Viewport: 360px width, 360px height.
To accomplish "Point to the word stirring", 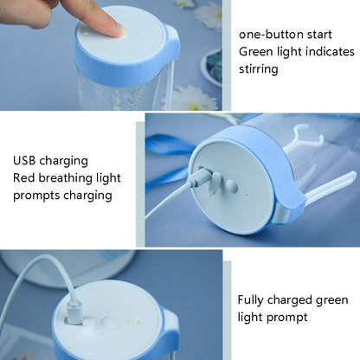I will [259, 68].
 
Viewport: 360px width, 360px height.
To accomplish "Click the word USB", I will [26, 161].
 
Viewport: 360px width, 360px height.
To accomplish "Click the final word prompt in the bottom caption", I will [289, 318].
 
